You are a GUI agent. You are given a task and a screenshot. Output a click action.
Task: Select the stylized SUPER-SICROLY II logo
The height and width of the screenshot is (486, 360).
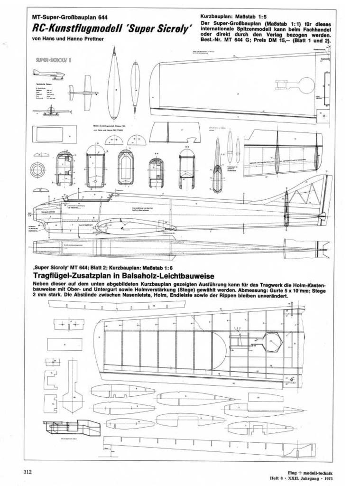(x=54, y=60)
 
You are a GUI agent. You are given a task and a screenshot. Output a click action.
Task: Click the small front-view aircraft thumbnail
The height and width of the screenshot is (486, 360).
(x=50, y=111)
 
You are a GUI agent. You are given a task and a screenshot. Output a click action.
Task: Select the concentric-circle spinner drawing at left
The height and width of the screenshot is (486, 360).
(x=37, y=169)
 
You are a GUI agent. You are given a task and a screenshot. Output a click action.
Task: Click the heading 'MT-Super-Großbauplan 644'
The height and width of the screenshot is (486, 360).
(x=70, y=17)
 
